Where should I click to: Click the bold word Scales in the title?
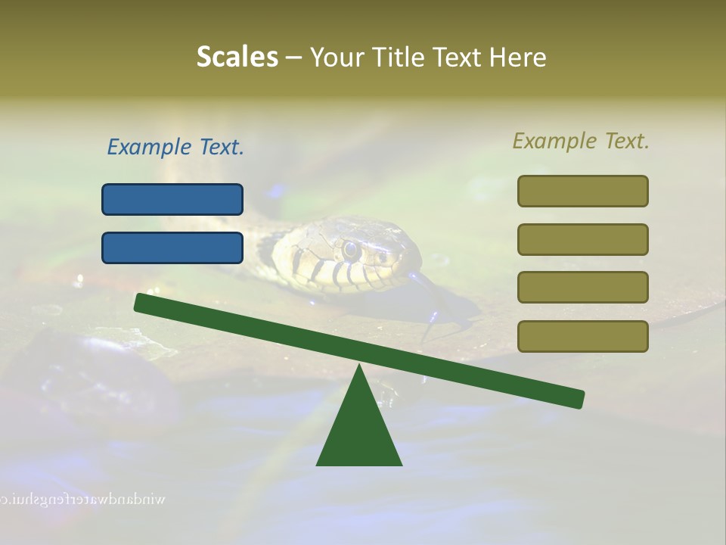click(237, 57)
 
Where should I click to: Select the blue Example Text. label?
click(175, 147)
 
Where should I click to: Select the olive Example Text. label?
click(581, 141)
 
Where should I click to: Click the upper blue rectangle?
click(172, 199)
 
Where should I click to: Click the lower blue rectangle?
click(172, 248)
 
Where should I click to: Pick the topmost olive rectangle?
click(583, 191)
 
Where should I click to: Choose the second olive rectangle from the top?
click(583, 239)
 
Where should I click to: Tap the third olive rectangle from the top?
click(583, 287)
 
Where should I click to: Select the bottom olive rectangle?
click(583, 336)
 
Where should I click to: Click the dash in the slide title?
click(294, 58)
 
